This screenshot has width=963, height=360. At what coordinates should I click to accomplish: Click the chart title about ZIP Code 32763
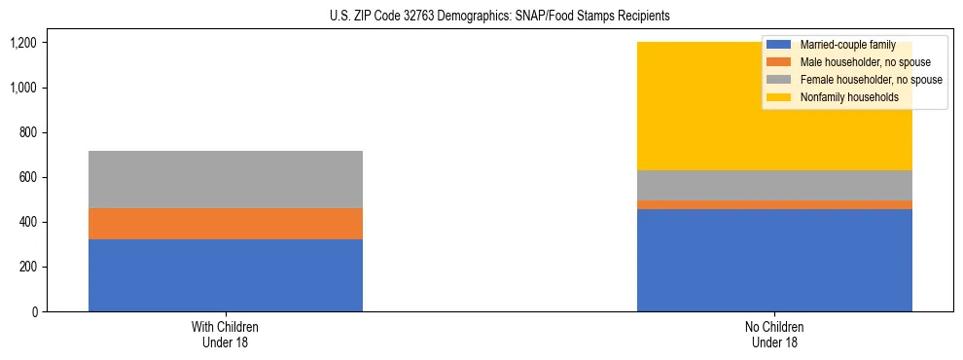click(x=481, y=17)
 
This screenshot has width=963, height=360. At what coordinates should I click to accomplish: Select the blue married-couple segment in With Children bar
click(x=225, y=275)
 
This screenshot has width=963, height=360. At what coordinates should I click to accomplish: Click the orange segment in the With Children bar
click(x=225, y=224)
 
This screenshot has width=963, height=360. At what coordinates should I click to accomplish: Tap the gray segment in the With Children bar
click(x=225, y=180)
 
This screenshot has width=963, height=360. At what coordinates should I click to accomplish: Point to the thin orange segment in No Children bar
click(x=774, y=204)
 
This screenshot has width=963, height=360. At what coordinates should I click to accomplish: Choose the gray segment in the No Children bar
click(x=774, y=185)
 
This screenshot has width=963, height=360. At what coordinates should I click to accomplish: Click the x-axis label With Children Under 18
click(x=225, y=335)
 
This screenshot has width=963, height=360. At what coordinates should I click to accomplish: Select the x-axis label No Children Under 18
click(x=774, y=335)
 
